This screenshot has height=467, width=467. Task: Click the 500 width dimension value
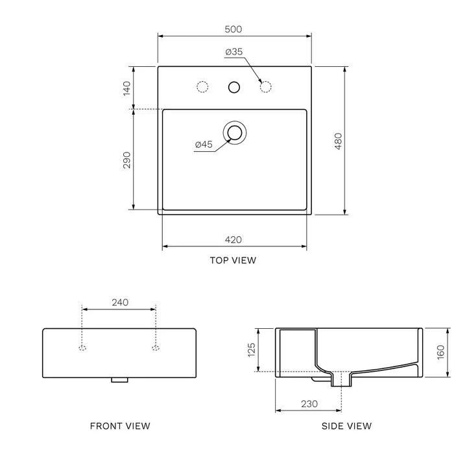pyautogui.click(x=233, y=29)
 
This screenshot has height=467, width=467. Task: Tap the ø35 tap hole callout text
pyautogui.click(x=234, y=52)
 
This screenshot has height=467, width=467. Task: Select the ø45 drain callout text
pyautogui.click(x=204, y=145)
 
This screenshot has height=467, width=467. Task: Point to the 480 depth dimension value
pyautogui.click(x=339, y=141)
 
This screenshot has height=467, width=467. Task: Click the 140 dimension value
pyautogui.click(x=127, y=88)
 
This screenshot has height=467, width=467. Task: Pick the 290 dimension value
pyautogui.click(x=127, y=160)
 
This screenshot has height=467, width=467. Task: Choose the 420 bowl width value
pyautogui.click(x=233, y=240)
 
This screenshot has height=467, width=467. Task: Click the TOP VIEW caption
pyautogui.click(x=233, y=260)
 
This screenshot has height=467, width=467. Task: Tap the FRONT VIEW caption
pyautogui.click(x=120, y=426)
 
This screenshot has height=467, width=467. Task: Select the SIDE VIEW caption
pyautogui.click(x=346, y=426)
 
